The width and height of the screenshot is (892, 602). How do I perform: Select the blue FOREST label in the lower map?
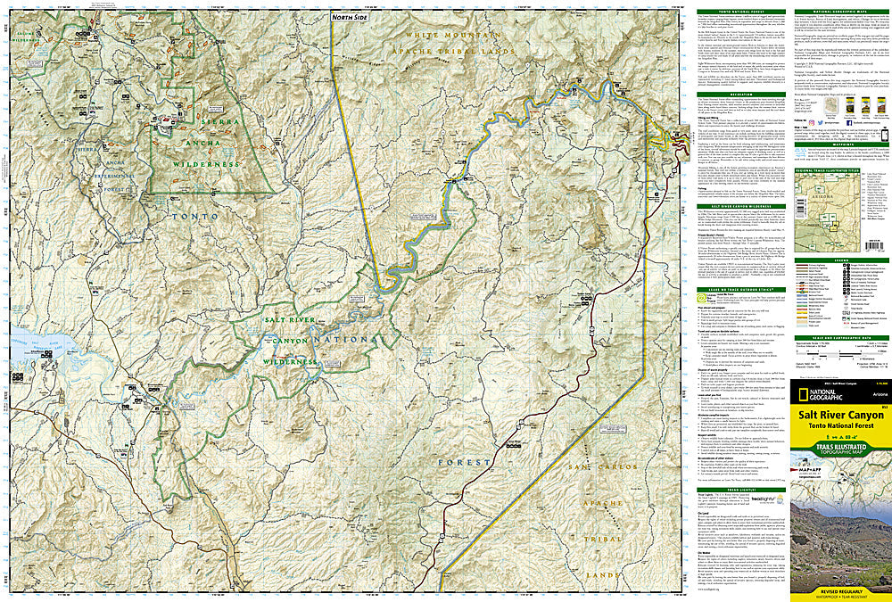pos(464,462)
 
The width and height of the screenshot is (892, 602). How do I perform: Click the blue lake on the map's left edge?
pos(27,344)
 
